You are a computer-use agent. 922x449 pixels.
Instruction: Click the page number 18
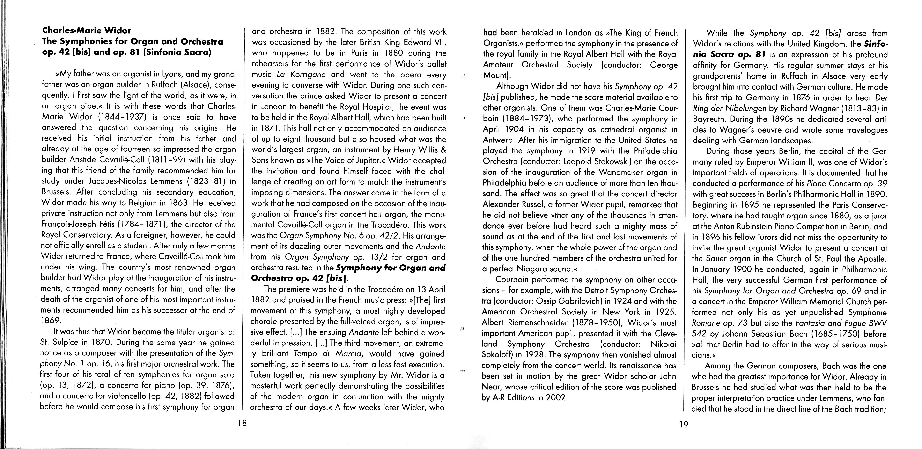(x=242, y=423)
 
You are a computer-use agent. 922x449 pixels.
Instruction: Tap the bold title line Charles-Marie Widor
(x=87, y=31)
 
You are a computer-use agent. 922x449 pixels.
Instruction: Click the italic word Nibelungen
(x=751, y=108)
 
